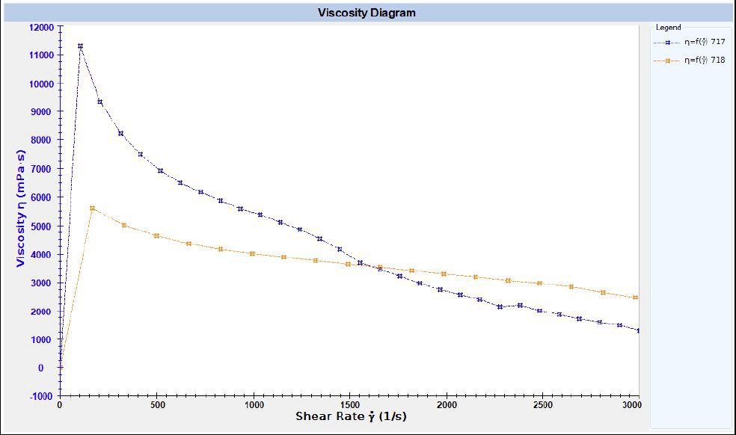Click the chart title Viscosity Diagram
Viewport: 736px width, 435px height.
coord(367,13)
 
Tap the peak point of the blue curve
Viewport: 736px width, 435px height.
coord(80,46)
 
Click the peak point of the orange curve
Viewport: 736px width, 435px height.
coord(92,209)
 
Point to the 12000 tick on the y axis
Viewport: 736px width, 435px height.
coord(41,27)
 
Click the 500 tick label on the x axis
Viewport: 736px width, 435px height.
coord(156,406)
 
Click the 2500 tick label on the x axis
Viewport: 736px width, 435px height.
coord(543,406)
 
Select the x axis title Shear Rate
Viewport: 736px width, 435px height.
coord(351,416)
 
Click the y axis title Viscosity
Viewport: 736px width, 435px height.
coord(21,208)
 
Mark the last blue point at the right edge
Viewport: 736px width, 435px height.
coord(638,330)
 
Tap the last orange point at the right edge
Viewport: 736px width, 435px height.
coord(636,297)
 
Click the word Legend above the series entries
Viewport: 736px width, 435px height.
coord(668,27)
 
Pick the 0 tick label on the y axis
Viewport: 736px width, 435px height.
coord(51,368)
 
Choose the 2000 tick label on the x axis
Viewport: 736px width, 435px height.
coord(447,406)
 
